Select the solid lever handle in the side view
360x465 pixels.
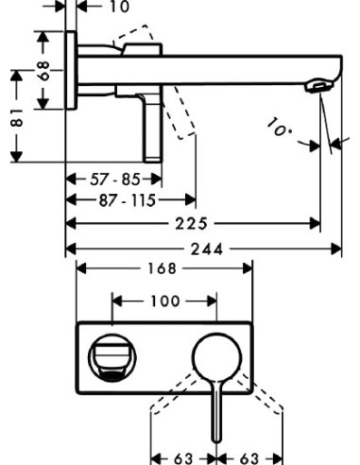155,128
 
